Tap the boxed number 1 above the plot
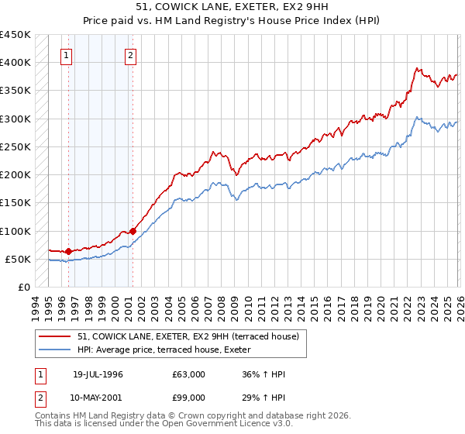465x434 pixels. [x=67, y=55]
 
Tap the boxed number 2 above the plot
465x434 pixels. [x=130, y=55]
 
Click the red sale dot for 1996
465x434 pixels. [x=69, y=251]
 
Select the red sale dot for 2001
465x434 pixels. [x=133, y=231]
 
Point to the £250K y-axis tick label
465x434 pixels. [x=15, y=146]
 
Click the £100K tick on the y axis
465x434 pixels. [x=15, y=231]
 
